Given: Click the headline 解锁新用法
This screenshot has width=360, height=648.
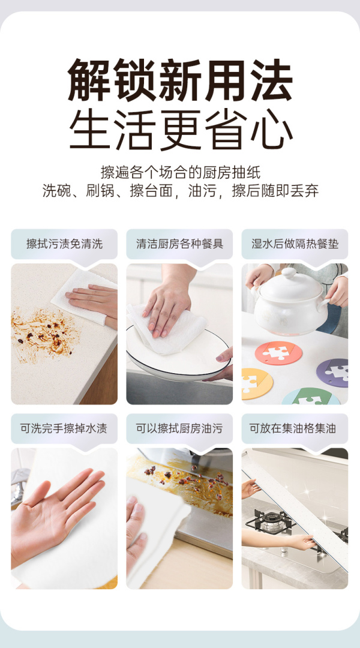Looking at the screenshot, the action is (180, 80).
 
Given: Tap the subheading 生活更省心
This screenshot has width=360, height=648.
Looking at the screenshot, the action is (180, 130).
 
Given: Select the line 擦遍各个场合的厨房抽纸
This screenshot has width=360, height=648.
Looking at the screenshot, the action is (181, 172).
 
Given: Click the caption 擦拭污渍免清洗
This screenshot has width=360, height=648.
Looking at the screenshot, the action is (64, 244).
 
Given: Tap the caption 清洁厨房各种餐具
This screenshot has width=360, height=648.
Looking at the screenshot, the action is (179, 244).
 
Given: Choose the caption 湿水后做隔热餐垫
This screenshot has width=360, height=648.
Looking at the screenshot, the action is (295, 244).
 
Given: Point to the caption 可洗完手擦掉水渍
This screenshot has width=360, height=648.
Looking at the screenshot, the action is (64, 428).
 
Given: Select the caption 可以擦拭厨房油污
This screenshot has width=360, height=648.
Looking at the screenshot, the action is (179, 428).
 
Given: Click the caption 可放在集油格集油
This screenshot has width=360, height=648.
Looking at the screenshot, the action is (295, 428).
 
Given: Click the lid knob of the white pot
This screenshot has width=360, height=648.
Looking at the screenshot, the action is (289, 273).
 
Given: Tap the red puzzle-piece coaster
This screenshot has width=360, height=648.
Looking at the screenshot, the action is (278, 352).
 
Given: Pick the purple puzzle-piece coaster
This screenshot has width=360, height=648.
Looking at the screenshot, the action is (332, 372).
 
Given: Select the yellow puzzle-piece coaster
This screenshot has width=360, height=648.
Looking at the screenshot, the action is (256, 383).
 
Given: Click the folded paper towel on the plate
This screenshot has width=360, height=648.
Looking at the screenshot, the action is (166, 328).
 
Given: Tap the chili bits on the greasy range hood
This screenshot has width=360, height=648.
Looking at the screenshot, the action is (187, 478).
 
